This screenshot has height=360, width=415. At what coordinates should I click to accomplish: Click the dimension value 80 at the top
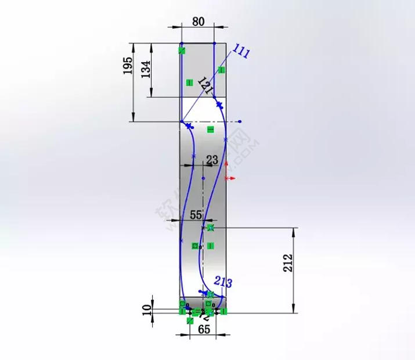198,21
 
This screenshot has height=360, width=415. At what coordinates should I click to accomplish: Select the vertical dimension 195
128,67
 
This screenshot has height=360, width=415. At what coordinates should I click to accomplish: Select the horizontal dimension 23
212,160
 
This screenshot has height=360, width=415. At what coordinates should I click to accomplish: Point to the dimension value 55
196,215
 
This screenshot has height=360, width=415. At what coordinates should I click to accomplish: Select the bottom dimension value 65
204,329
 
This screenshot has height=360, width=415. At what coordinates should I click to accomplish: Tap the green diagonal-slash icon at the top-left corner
182,51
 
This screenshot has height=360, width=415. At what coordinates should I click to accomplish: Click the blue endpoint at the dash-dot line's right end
240,122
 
